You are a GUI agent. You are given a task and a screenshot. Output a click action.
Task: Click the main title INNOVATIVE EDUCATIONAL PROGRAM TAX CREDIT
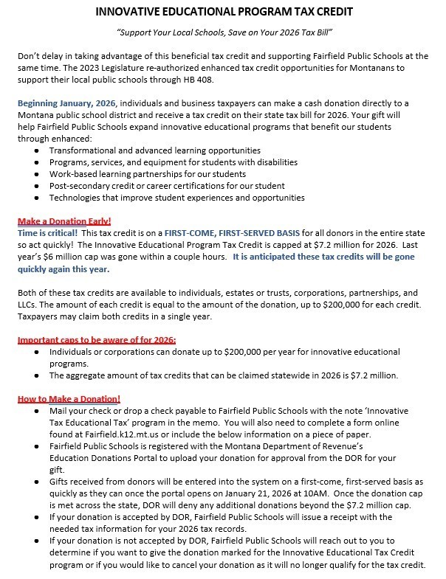pyautogui.click(x=224, y=12)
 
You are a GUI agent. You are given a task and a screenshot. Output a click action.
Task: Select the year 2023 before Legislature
pyautogui.click(x=103, y=66)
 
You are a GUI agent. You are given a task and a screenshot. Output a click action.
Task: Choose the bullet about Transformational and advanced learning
pyautogui.click(x=154, y=150)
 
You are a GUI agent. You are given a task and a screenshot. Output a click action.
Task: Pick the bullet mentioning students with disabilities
pyautogui.click(x=173, y=162)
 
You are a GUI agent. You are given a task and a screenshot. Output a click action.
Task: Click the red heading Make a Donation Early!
pyautogui.click(x=64, y=221)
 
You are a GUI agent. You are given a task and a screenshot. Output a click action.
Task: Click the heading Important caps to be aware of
pyautogui.click(x=96, y=340)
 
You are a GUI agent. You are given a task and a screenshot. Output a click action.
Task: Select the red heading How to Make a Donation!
pyautogui.click(x=69, y=399)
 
